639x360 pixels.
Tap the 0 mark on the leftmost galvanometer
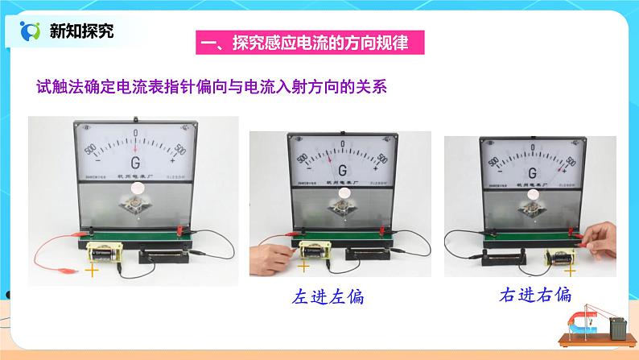tap(136, 133)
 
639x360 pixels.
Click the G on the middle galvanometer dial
tap(343, 170)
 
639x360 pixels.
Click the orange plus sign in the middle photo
tap(304, 267)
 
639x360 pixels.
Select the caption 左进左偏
tap(329, 296)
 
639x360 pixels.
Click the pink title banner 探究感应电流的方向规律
tap(311, 43)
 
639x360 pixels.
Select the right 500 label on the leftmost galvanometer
tap(179, 150)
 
